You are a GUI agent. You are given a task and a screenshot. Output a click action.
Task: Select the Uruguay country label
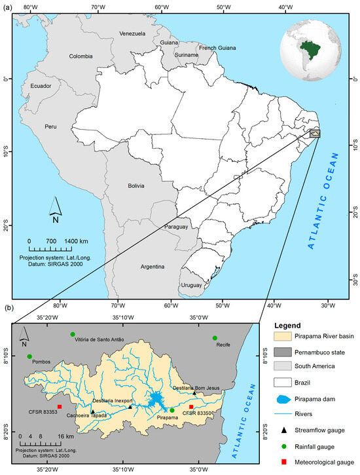point(192,285)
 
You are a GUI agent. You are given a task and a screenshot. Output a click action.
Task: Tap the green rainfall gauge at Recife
point(215,338)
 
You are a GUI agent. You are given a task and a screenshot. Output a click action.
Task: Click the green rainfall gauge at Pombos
point(29,356)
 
